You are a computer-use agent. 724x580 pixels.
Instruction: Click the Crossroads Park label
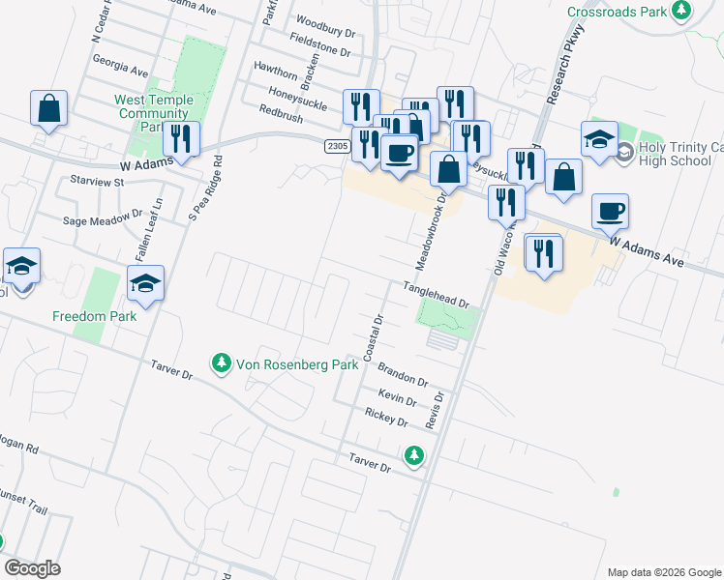[618, 12]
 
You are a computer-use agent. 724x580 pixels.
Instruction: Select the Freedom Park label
[94, 316]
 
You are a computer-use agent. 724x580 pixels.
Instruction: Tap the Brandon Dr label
[402, 374]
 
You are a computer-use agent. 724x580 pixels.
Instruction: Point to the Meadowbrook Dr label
[432, 233]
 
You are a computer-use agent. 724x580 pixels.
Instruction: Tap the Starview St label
[99, 181]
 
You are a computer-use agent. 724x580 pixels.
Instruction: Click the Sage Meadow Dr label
[103, 220]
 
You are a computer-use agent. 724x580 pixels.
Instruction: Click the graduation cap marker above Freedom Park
[146, 283]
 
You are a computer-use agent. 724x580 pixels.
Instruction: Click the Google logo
[32, 568]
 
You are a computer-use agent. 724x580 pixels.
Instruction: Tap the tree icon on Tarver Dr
[414, 454]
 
